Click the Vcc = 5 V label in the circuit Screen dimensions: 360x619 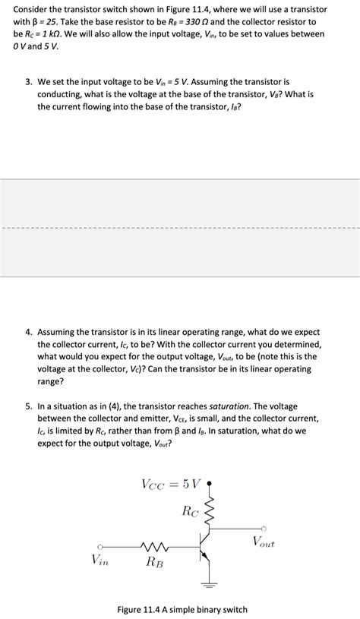(x=171, y=484)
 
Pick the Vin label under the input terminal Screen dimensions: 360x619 (x=99, y=560)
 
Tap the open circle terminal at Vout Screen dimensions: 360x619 (x=264, y=529)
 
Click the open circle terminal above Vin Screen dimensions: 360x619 (x=99, y=545)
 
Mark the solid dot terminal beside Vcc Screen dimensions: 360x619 (x=209, y=482)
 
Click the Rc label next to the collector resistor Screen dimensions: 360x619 (x=190, y=511)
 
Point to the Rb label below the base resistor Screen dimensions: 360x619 (x=154, y=562)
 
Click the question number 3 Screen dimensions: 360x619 (x=28, y=81)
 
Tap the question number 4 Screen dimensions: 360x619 (x=28, y=332)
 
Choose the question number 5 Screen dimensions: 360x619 (x=28, y=406)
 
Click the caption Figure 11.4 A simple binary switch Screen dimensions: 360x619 (x=182, y=609)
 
